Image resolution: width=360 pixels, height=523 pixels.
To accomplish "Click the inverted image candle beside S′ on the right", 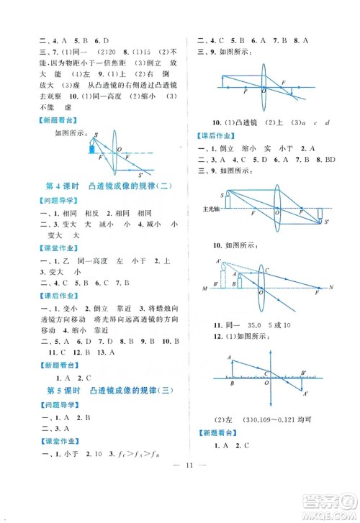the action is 320,214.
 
